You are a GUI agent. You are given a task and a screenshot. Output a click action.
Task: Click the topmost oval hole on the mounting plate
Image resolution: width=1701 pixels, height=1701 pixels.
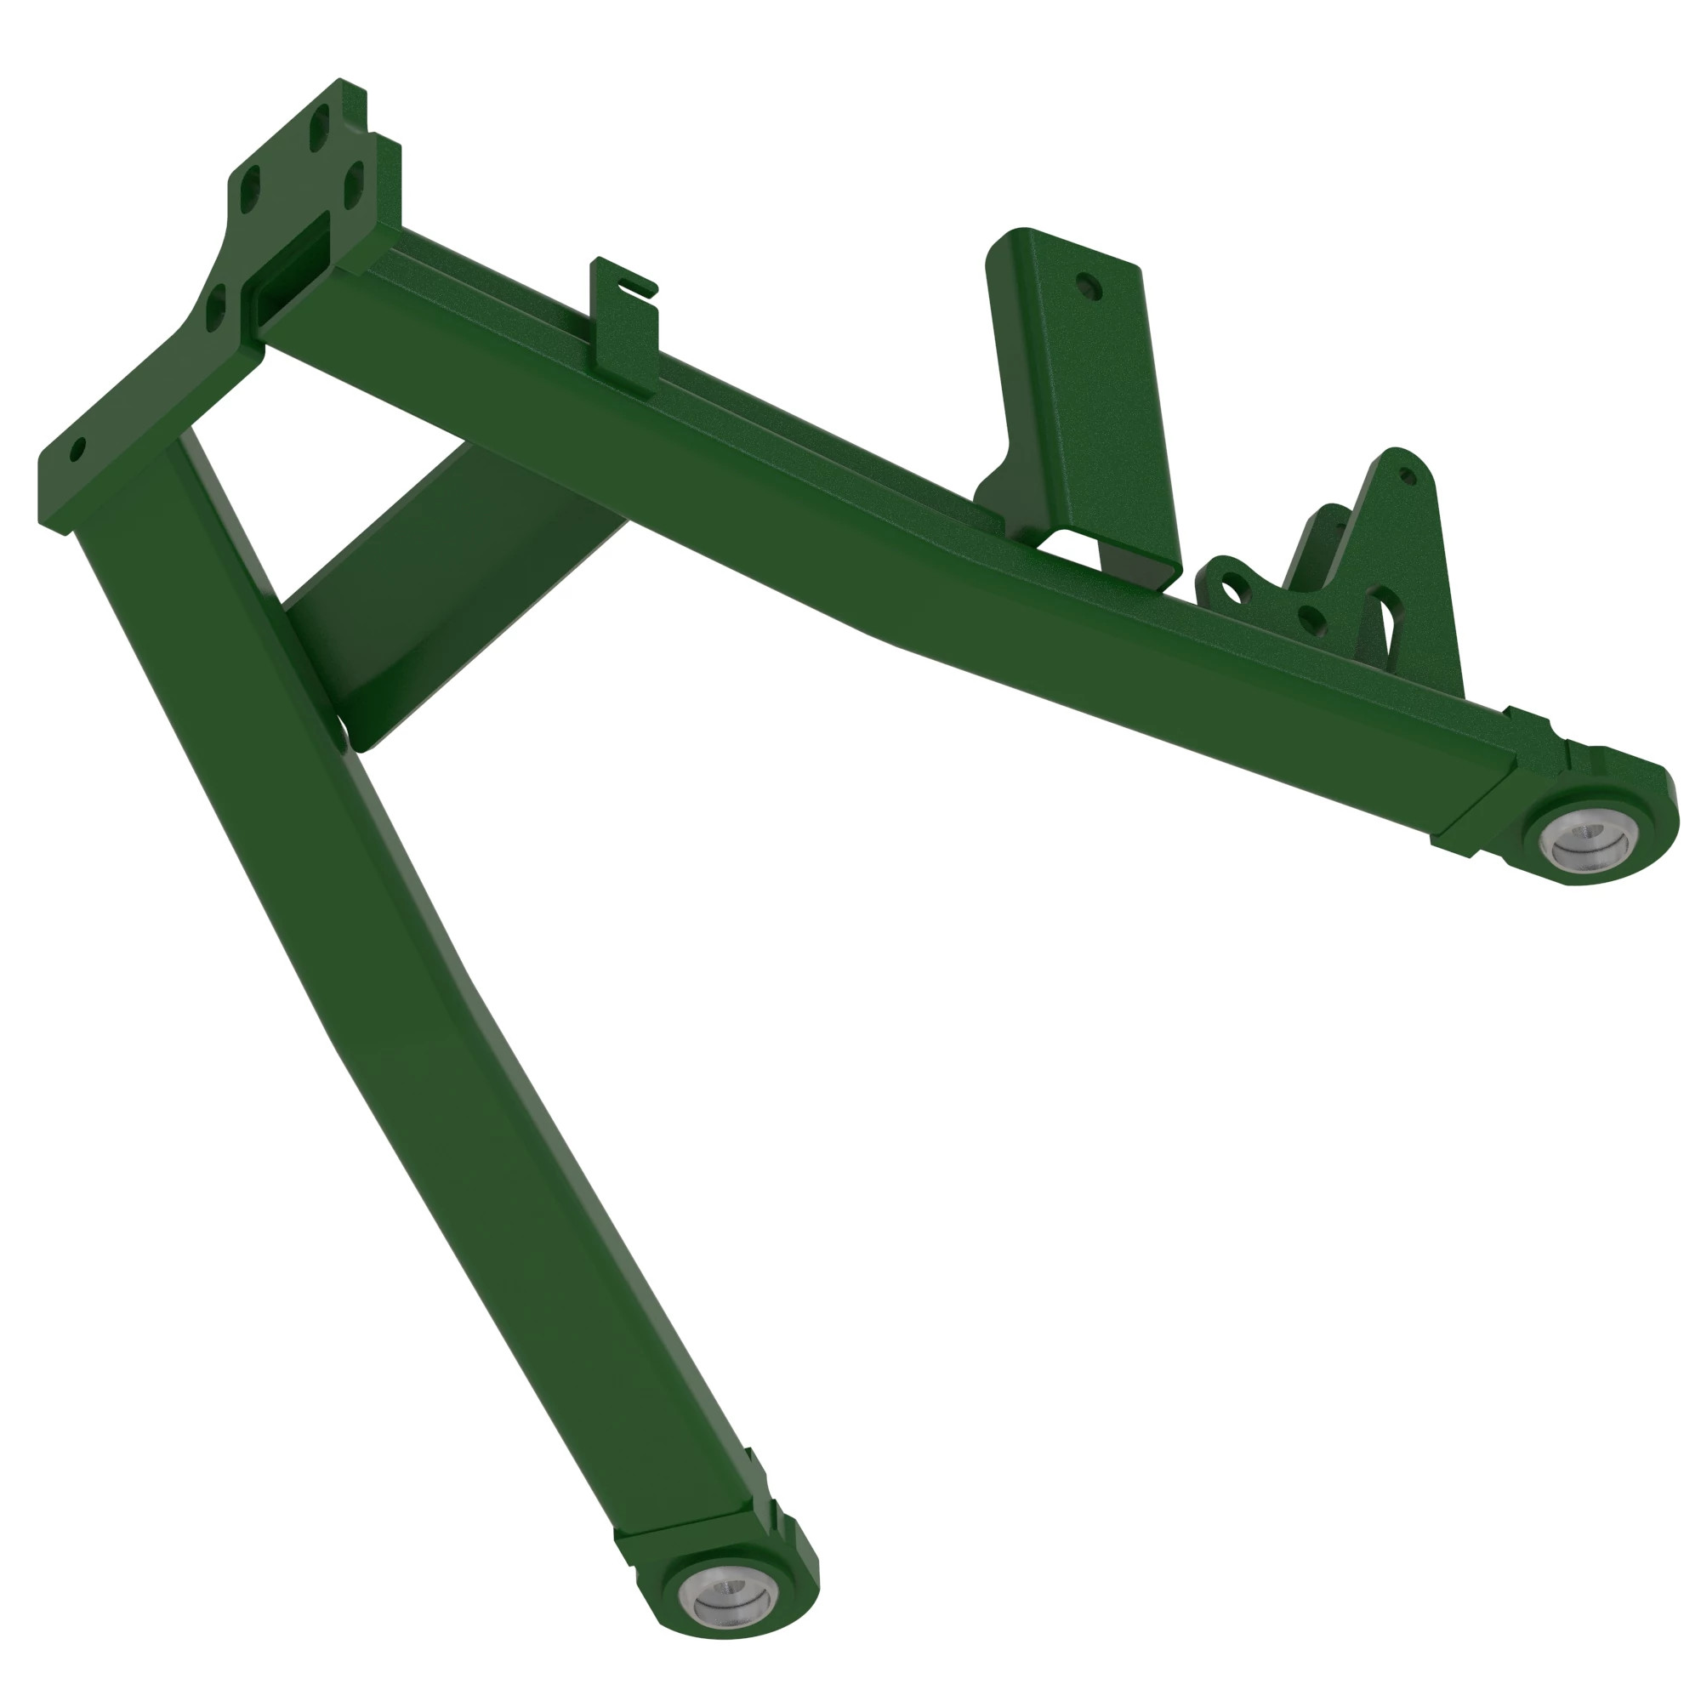click(321, 128)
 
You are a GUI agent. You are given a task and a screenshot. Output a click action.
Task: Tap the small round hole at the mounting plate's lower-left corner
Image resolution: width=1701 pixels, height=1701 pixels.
click(77, 450)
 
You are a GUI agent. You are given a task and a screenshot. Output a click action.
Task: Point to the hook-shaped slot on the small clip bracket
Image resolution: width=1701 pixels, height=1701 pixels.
click(635, 285)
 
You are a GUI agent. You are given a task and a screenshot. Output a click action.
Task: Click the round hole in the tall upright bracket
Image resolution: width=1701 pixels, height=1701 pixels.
click(1089, 286)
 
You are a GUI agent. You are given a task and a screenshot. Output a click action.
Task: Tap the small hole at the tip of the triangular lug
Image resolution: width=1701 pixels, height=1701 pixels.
click(1406, 477)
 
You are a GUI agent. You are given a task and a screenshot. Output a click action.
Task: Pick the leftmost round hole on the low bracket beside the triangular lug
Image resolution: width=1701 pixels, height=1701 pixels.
click(1234, 589)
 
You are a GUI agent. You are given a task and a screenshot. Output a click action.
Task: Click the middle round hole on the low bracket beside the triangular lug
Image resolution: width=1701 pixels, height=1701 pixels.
click(1310, 621)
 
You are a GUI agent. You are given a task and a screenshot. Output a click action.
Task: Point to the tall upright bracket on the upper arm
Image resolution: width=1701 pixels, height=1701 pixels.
click(1083, 396)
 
